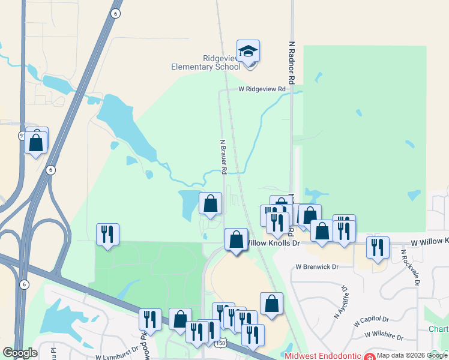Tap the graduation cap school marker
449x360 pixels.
tap(248, 51)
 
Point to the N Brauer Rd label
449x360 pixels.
tap(223, 157)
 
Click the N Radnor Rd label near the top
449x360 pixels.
tap(292, 62)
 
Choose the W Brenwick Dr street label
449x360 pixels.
tap(317, 266)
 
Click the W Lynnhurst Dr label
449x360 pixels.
tap(118, 357)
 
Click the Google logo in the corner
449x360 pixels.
tap(20, 353)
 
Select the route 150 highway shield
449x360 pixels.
tap(221, 343)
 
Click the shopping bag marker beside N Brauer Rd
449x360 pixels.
tap(210, 204)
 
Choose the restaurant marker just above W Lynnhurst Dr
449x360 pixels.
tap(149, 319)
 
